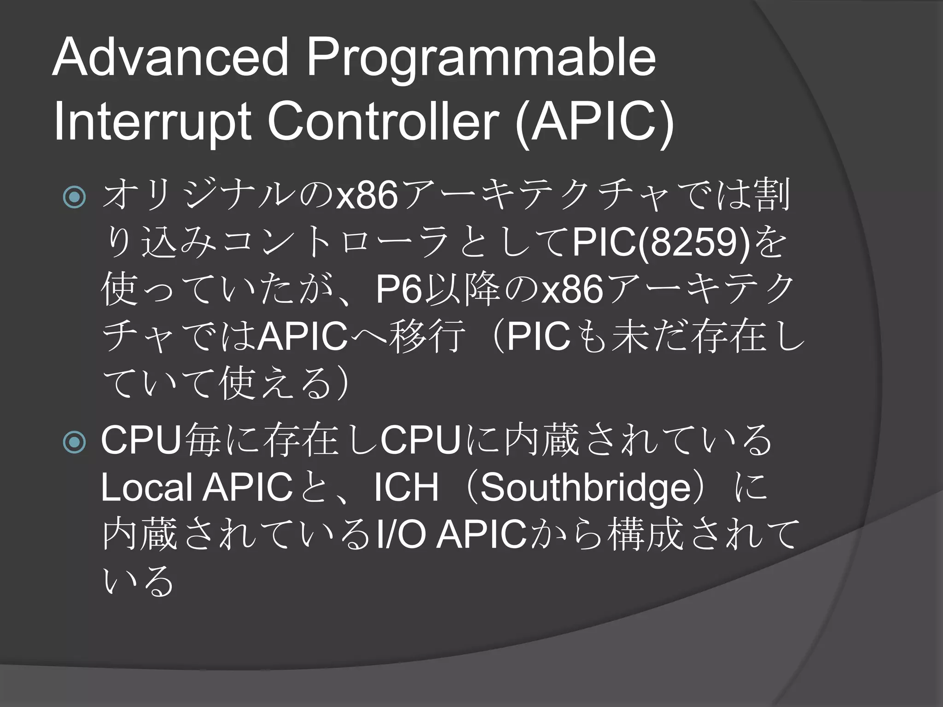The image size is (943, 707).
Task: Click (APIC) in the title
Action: [594, 124]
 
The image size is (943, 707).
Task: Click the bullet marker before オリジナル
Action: [74, 197]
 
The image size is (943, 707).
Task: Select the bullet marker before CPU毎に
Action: [74, 442]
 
